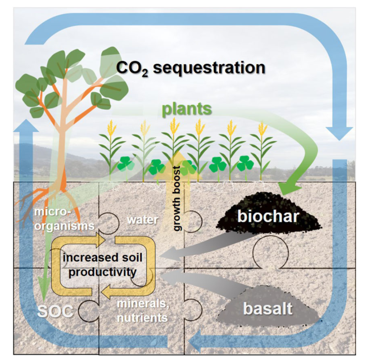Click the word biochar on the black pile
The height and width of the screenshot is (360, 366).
click(268, 216)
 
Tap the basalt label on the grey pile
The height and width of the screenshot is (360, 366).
click(267, 308)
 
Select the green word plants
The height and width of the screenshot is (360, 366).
click(187, 109)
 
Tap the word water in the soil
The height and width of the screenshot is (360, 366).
click(142, 219)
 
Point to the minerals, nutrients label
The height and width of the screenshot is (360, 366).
click(142, 310)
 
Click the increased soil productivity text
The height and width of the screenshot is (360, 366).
click(103, 264)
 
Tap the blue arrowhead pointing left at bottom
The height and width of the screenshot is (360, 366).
click(198, 343)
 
